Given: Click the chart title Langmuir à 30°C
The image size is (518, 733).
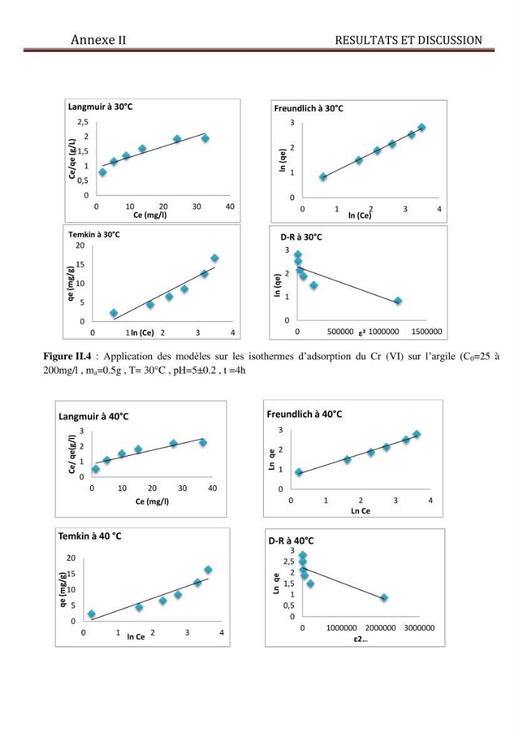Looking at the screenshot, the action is click(100, 106).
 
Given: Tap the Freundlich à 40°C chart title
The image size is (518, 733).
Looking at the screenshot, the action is click(304, 414).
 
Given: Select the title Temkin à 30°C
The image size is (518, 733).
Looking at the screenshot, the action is click(94, 235).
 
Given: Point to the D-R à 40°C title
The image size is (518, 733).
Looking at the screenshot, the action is click(291, 541).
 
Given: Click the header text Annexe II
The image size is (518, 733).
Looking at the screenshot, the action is click(98, 40).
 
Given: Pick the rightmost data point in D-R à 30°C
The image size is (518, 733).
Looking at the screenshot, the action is click(398, 301).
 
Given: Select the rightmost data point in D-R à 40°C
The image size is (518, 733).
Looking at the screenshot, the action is click(383, 597).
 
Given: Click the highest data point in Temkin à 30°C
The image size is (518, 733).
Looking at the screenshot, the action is click(215, 258).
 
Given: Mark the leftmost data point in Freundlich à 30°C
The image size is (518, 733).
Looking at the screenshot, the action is click(323, 177).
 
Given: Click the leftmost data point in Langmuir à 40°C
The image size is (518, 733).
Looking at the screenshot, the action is click(96, 469).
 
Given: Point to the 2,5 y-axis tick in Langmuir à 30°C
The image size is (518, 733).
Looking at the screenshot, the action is click(83, 122).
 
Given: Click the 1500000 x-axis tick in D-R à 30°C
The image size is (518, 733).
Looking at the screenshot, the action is click(426, 331).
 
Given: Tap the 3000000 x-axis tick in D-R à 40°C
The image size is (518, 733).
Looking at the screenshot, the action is click(419, 628).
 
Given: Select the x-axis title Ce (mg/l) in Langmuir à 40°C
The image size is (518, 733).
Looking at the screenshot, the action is click(152, 501).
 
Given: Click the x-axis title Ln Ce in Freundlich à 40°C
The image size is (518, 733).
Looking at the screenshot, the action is click(360, 511).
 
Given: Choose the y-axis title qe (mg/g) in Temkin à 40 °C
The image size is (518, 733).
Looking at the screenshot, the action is click(62, 589).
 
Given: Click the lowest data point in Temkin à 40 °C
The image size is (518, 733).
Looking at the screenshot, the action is click(92, 614).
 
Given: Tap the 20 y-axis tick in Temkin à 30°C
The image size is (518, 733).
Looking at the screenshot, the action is click(81, 246).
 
